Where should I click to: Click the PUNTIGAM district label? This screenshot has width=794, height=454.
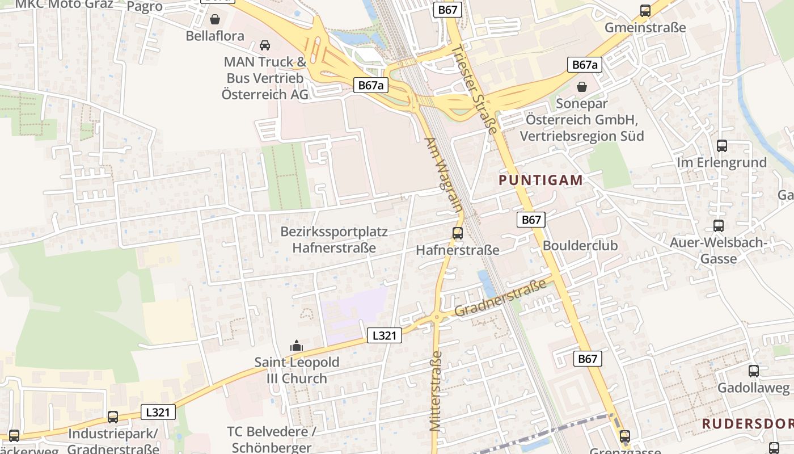540,180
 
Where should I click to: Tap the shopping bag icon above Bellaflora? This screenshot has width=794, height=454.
215,20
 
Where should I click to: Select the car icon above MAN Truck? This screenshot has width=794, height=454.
265,45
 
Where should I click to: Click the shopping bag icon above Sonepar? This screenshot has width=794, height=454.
581,87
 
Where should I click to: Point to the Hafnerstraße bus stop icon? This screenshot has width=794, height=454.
457,233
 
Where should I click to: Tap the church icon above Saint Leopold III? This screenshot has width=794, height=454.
296,346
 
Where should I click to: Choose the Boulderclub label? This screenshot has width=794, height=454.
580,246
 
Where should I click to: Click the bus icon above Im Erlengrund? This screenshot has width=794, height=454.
721,146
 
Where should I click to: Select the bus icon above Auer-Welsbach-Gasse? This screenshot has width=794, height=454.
719,226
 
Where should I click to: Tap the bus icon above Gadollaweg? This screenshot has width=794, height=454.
753,371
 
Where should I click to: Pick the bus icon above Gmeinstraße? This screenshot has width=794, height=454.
645,11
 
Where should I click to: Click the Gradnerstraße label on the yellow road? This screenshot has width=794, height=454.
500,298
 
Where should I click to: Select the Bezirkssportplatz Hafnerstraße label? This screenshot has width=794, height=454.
334,239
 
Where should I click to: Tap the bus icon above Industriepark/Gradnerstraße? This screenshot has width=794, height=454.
113,417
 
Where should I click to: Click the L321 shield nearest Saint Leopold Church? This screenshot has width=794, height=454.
384,335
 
